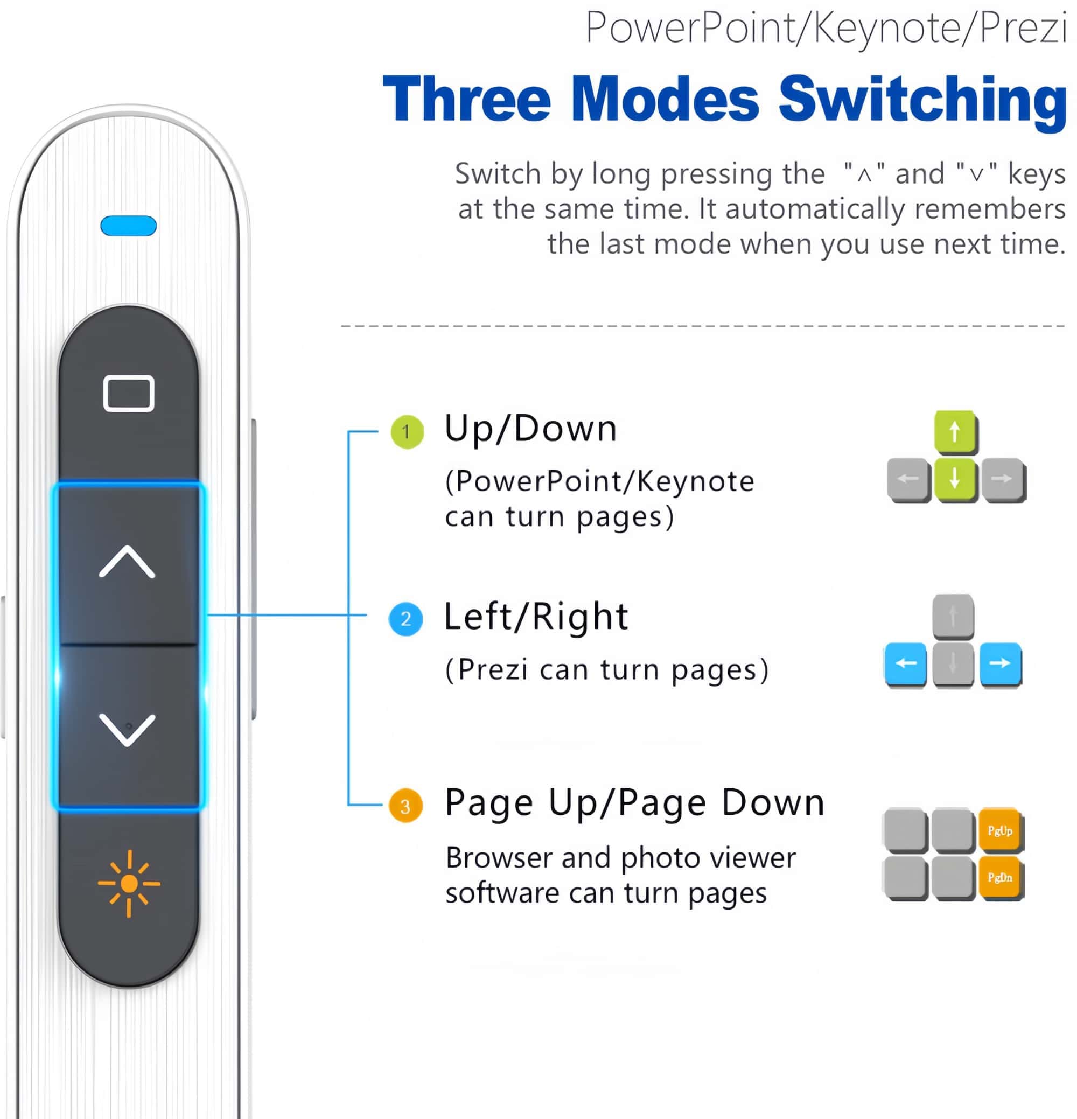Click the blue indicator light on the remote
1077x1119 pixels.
129,226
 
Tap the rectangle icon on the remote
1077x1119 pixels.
129,393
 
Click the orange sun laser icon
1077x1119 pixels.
129,883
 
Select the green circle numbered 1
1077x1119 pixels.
407,432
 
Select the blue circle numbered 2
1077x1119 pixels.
406,619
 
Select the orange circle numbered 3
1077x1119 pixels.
406,806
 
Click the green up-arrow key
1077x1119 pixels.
955,432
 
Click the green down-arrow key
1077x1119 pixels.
955,480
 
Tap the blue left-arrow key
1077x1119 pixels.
906,664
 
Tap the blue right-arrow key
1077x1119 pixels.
1001,664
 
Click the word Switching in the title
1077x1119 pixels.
923,99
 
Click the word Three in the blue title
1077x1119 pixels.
467,99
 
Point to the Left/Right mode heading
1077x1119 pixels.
536,617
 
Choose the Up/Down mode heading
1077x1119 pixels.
530,429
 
